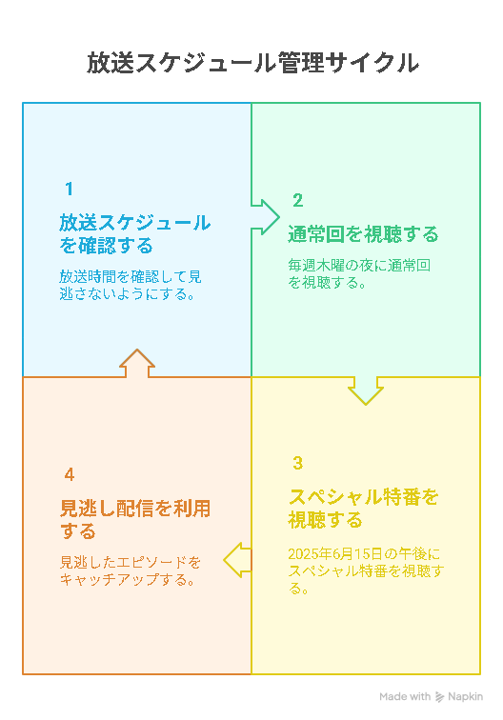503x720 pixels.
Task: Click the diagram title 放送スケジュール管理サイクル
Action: pyautogui.click(x=252, y=63)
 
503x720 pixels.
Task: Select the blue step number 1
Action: pyautogui.click(x=69, y=189)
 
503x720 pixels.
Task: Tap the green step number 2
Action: pyautogui.click(x=297, y=200)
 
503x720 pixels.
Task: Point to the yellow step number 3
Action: pyautogui.click(x=297, y=463)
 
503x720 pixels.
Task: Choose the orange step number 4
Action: pyautogui.click(x=70, y=474)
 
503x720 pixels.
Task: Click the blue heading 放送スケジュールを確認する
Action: pyautogui.click(x=134, y=234)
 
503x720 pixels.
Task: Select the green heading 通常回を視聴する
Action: pyautogui.click(x=363, y=234)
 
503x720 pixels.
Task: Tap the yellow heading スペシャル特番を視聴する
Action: pyautogui.click(x=363, y=509)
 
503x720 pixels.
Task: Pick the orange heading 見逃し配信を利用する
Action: pyautogui.click(x=135, y=520)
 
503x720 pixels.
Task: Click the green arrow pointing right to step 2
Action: pyautogui.click(x=266, y=217)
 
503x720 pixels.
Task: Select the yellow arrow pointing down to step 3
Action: pyautogui.click(x=366, y=390)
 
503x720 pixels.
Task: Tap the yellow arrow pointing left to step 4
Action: pyautogui.click(x=237, y=560)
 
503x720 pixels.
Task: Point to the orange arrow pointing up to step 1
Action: pyautogui.click(x=137, y=363)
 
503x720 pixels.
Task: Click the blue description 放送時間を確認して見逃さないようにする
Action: pyautogui.click(x=130, y=285)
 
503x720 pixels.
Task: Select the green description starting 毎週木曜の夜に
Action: pyautogui.click(x=359, y=273)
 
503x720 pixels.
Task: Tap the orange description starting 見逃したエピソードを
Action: pyautogui.click(x=130, y=570)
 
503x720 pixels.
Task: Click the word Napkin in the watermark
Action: pyautogui.click(x=465, y=696)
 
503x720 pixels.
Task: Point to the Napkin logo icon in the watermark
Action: pyautogui.click(x=439, y=697)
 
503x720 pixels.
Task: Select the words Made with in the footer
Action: pyautogui.click(x=405, y=696)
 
